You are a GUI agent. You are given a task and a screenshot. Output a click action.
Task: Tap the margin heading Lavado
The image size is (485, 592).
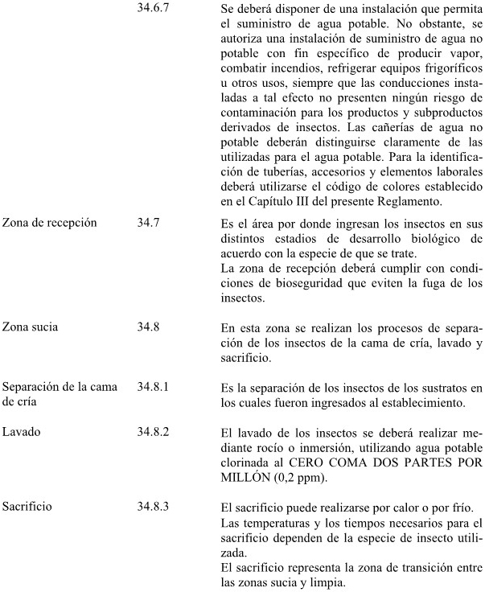(x=21, y=433)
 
